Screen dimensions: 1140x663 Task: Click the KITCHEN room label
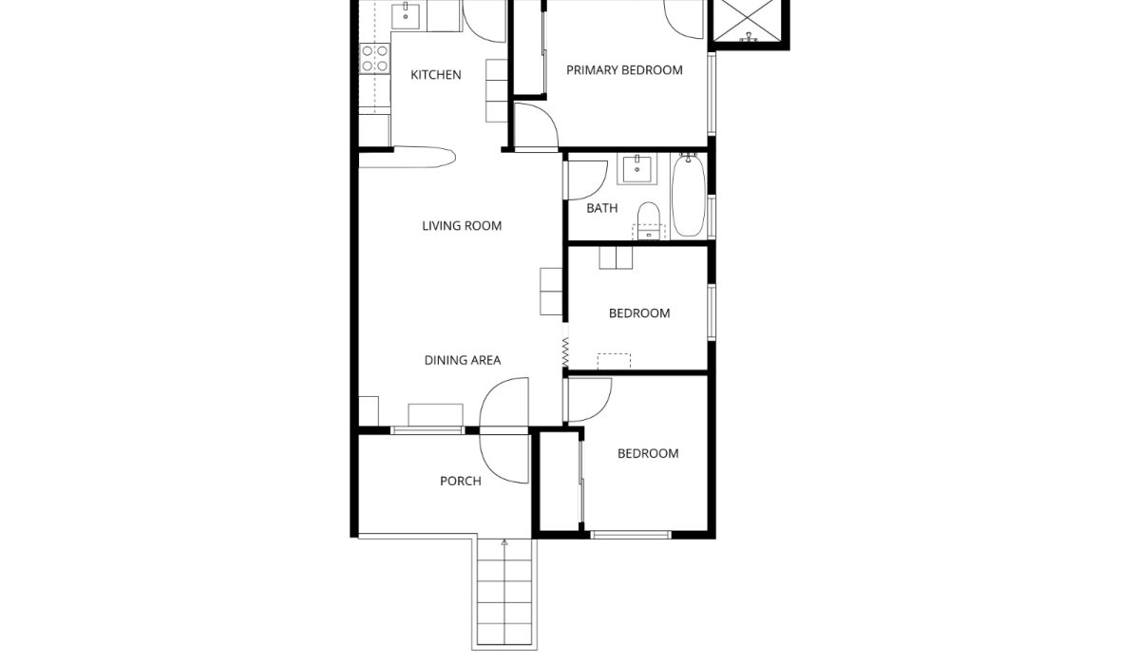pyautogui.click(x=436, y=75)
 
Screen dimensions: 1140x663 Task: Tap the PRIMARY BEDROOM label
pyautogui.click(x=624, y=69)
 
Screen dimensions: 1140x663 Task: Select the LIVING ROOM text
pyautogui.click(x=462, y=225)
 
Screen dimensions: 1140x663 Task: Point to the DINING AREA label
pyautogui.click(x=463, y=360)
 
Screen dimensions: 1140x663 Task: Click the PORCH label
pyautogui.click(x=461, y=481)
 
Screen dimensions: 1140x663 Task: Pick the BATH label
pyautogui.click(x=602, y=208)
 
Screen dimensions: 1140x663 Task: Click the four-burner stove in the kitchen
pyautogui.click(x=375, y=59)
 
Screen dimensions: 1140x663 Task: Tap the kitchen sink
pyautogui.click(x=406, y=15)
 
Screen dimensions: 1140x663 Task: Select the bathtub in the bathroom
pyautogui.click(x=689, y=196)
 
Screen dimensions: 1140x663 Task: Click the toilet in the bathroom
pyautogui.click(x=648, y=220)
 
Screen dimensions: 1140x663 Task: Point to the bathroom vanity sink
pyautogui.click(x=636, y=169)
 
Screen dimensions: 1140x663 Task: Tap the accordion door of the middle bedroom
pyautogui.click(x=565, y=351)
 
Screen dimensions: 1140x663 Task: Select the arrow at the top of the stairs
pyautogui.click(x=504, y=543)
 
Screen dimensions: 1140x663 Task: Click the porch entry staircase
pyautogui.click(x=504, y=595)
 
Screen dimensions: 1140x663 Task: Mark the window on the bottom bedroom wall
pyautogui.click(x=631, y=535)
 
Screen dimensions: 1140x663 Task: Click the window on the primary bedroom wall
pyautogui.click(x=712, y=94)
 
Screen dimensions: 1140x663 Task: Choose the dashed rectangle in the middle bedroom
pyautogui.click(x=614, y=361)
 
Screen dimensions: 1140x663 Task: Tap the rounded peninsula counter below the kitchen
pyautogui.click(x=408, y=157)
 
